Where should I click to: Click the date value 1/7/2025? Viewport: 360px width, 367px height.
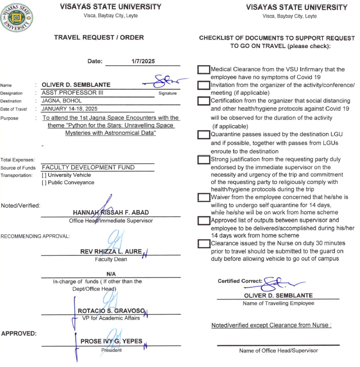coord(143,62)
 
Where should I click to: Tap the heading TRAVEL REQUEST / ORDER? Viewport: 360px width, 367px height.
coord(99,38)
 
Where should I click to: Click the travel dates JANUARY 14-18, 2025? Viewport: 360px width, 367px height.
coord(69,109)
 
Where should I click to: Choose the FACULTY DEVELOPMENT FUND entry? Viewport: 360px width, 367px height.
coord(88,168)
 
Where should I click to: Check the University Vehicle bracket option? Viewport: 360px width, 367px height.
coord(43,175)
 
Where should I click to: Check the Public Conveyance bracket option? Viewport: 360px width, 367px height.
coord(43,183)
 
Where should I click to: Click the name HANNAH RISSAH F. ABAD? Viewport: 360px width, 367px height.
coord(110,212)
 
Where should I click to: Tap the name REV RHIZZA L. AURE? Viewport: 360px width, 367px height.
coord(111,251)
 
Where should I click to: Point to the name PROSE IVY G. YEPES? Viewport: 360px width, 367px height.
coord(111,341)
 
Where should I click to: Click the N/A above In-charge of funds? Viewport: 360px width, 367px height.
coord(111,274)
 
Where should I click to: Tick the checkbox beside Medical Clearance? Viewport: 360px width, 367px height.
coord(204,70)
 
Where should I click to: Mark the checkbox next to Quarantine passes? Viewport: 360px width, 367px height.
coord(204,134)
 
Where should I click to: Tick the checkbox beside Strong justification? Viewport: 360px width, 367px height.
coord(204,159)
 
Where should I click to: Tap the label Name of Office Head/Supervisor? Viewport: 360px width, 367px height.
coord(279,351)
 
